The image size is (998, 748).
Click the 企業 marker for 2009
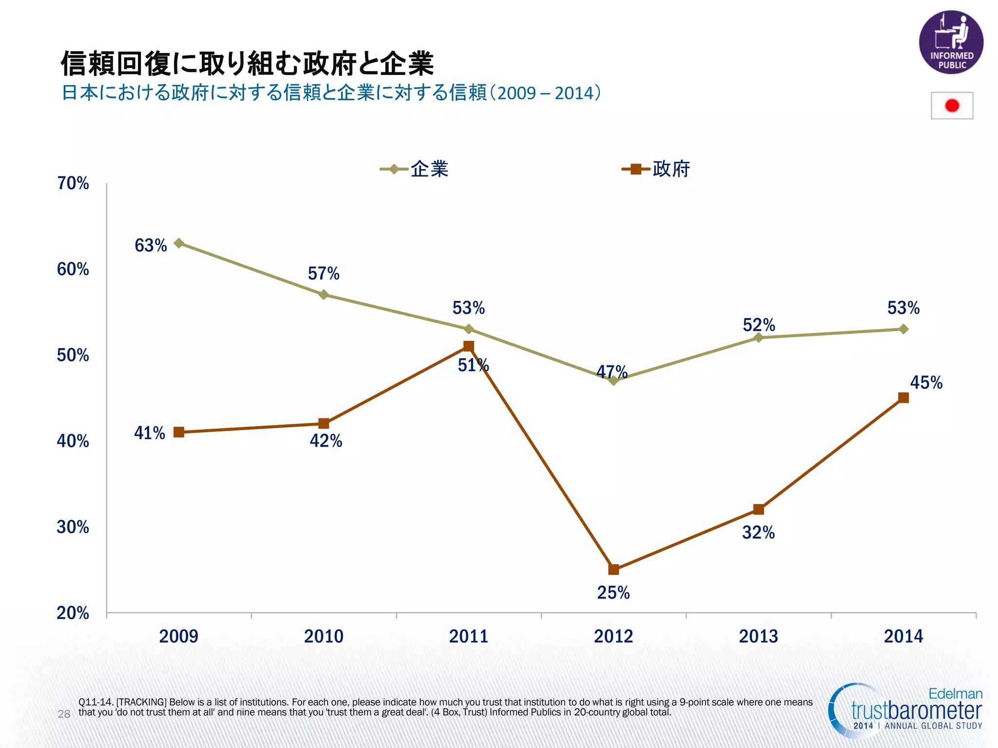(x=179, y=243)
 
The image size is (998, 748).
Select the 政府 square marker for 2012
(x=614, y=569)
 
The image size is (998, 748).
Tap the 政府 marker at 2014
(x=903, y=398)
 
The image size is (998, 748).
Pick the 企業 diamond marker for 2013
(x=758, y=337)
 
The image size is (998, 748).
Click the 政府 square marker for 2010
(x=324, y=423)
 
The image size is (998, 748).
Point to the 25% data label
(x=613, y=593)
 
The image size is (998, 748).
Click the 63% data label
(x=151, y=245)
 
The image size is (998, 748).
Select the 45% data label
(x=926, y=383)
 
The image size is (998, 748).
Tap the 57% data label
(x=324, y=274)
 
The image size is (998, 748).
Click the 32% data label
(x=758, y=533)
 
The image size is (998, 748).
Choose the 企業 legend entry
(x=415, y=169)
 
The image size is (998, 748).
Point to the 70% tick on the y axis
(x=73, y=184)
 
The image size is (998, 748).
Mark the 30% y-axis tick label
(x=73, y=527)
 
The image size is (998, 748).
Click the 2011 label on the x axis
(x=468, y=636)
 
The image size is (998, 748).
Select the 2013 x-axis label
(x=758, y=636)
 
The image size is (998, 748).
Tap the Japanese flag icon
(x=952, y=106)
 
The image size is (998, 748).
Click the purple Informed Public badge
(x=951, y=42)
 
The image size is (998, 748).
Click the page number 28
(x=64, y=714)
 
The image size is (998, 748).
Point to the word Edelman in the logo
(x=955, y=693)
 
